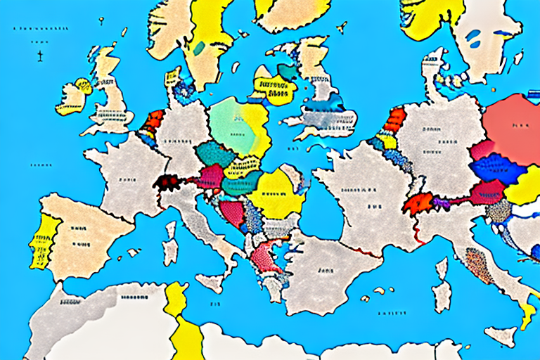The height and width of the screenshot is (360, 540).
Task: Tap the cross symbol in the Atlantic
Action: (x=40, y=54)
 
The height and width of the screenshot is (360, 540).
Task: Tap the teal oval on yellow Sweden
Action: (x=200, y=48)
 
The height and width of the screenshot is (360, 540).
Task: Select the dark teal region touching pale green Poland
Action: (x=212, y=153)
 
